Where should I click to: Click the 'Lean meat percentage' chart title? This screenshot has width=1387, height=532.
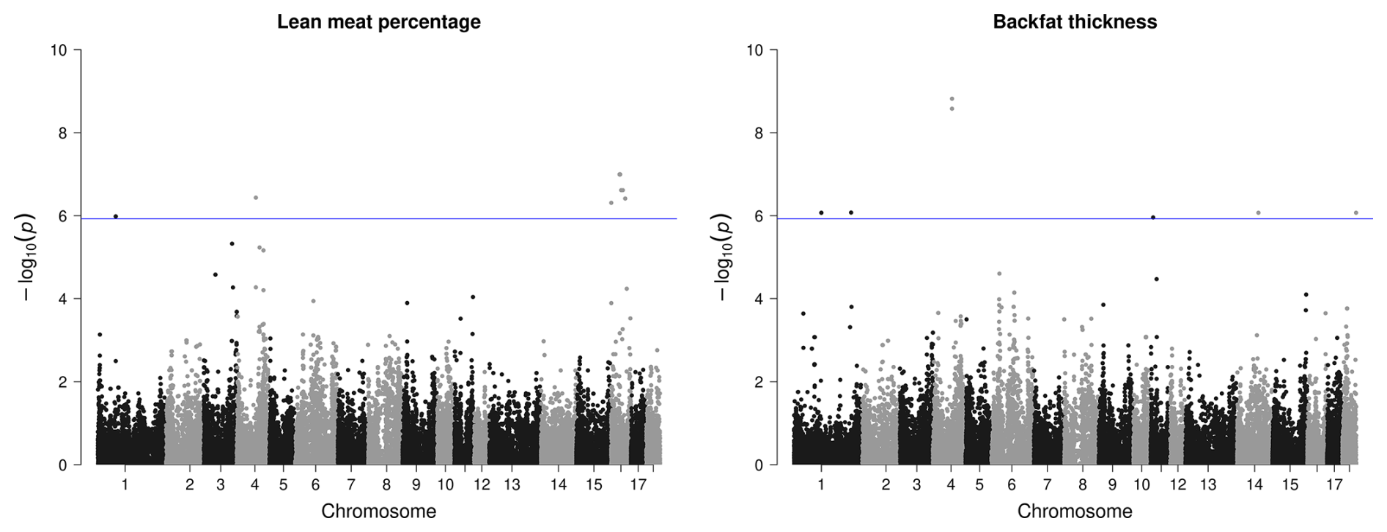coord(378,22)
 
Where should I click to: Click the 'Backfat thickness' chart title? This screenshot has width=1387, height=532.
coord(1074,22)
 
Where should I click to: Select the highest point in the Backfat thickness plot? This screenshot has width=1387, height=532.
coord(952,98)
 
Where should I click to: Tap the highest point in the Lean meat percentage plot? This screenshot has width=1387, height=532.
coord(619,174)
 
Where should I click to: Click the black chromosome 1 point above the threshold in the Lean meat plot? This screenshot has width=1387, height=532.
coord(116,216)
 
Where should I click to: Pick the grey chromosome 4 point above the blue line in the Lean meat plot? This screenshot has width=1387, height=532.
coord(256,198)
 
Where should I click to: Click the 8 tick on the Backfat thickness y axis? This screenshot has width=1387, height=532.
coord(760,133)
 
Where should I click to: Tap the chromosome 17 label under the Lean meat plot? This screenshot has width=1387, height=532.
coord(638,485)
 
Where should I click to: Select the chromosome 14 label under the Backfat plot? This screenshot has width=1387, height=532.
coord(1255,485)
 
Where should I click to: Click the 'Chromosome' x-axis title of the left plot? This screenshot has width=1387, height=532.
coord(378,511)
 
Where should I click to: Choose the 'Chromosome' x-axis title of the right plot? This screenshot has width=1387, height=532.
coord(1074,511)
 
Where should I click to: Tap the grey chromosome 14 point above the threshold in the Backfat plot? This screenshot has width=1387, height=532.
coord(1258,213)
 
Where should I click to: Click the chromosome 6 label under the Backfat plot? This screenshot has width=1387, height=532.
coord(1012,485)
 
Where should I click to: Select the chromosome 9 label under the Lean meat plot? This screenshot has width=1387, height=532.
coord(416,485)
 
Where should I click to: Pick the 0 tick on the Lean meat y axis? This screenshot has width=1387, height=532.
coord(64,465)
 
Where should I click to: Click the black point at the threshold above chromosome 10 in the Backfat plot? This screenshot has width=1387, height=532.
coord(1153,218)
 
